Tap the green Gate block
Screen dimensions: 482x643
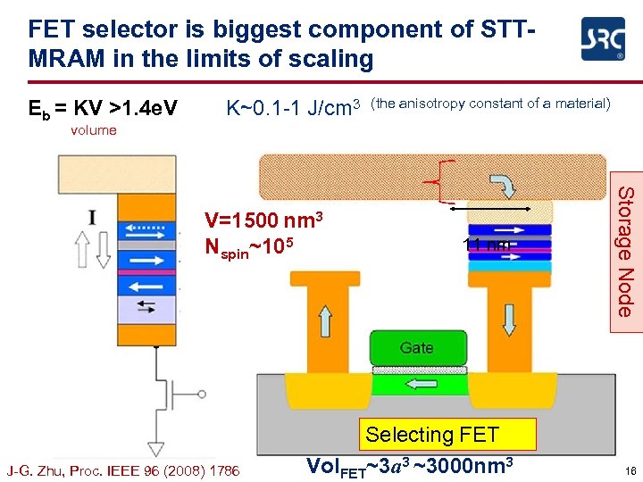(x=417, y=347)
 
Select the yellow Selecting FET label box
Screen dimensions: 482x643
(x=432, y=436)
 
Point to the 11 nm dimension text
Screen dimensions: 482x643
(x=487, y=245)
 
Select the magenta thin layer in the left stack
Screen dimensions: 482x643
(x=146, y=271)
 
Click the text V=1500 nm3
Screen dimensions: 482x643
(x=263, y=220)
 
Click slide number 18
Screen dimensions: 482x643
(x=630, y=470)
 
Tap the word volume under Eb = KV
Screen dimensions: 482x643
(x=94, y=130)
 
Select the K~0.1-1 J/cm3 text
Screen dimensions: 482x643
(x=293, y=108)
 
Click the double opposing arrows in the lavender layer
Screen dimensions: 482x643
(x=144, y=308)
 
